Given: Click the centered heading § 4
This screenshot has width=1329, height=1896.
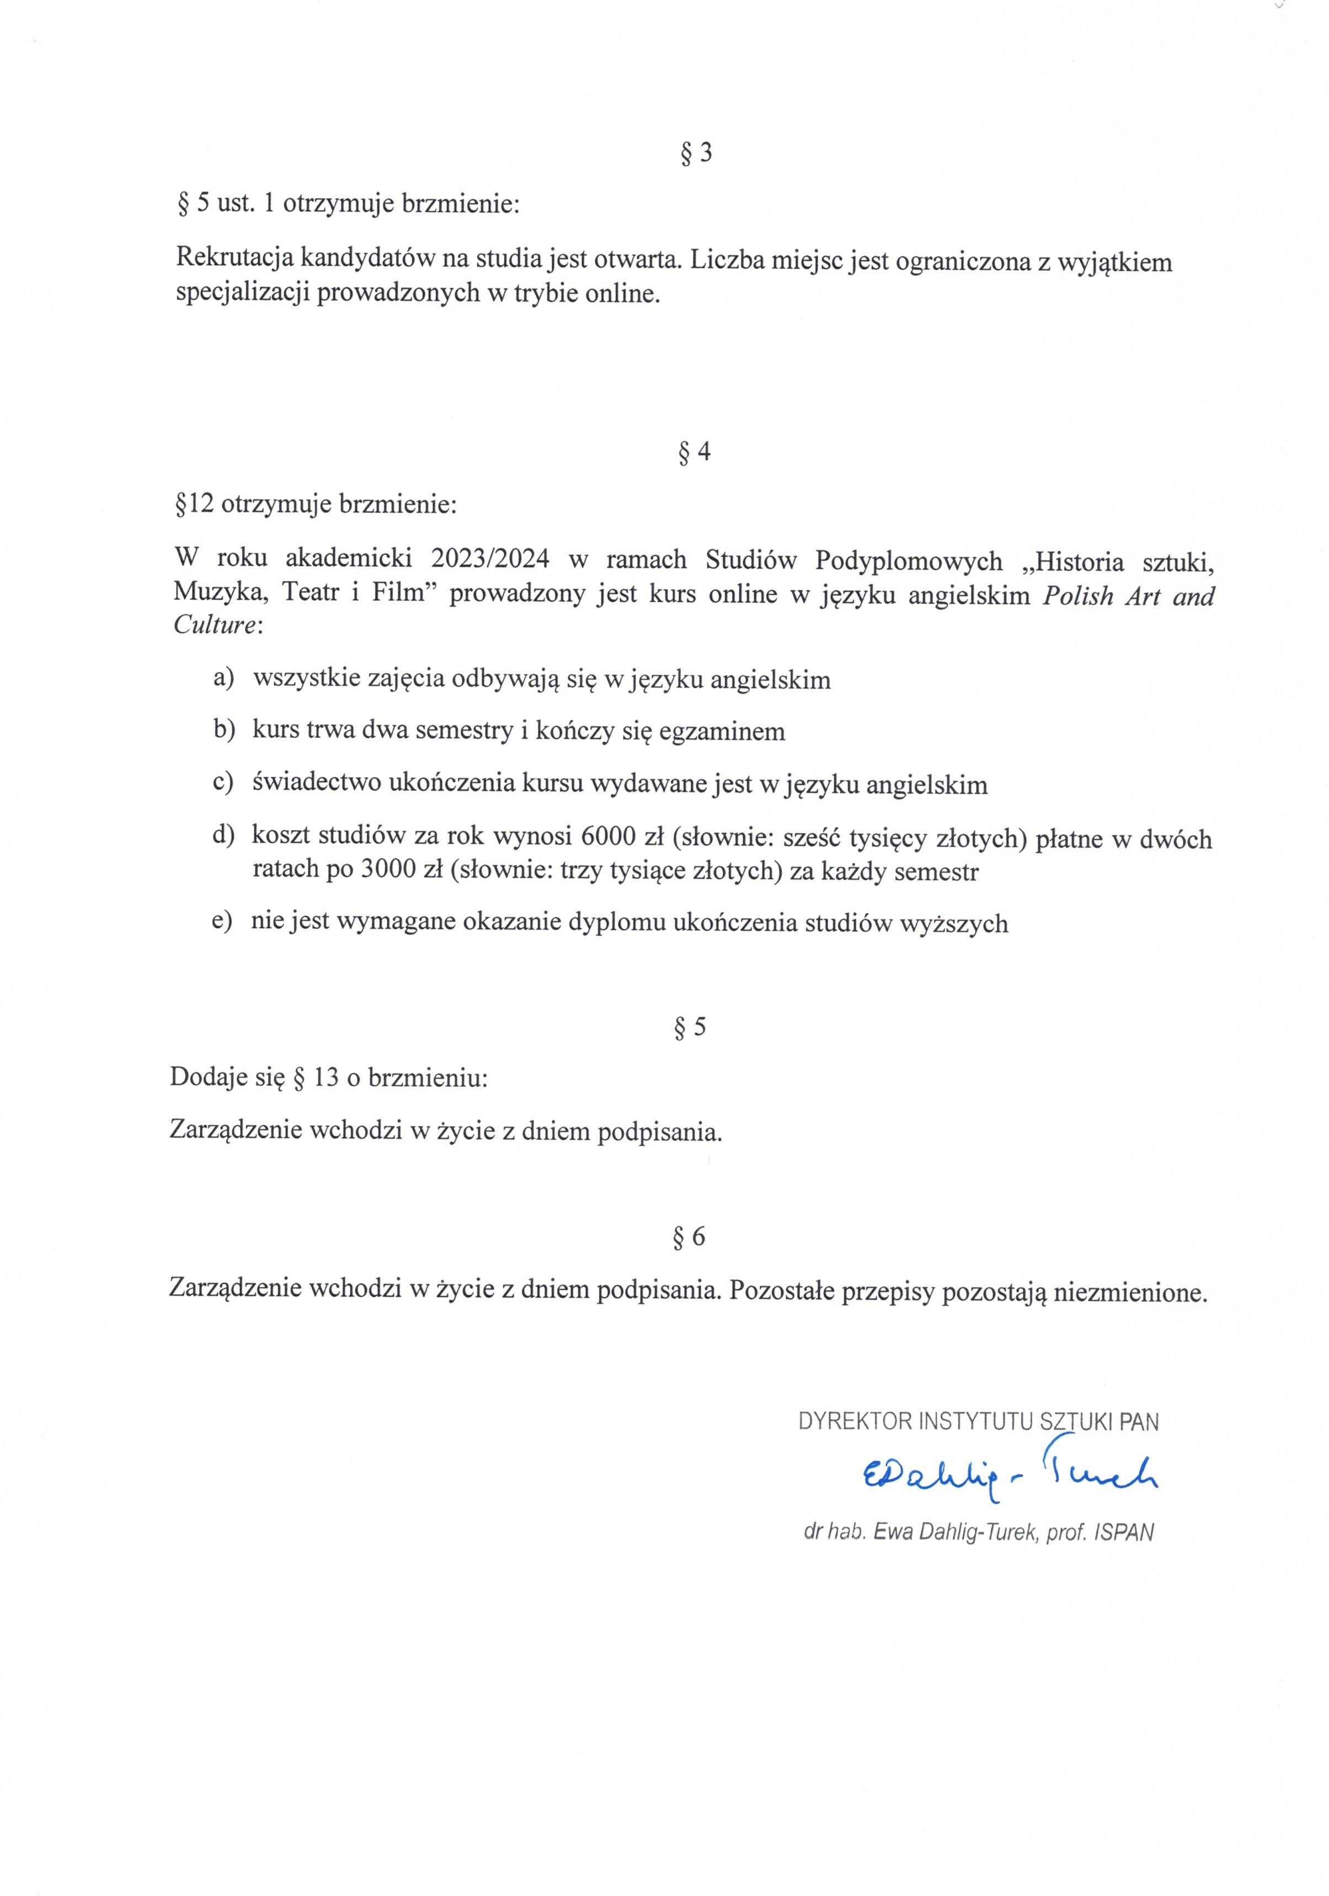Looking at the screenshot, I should (694, 452).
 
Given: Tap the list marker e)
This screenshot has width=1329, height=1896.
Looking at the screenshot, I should (222, 922).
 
